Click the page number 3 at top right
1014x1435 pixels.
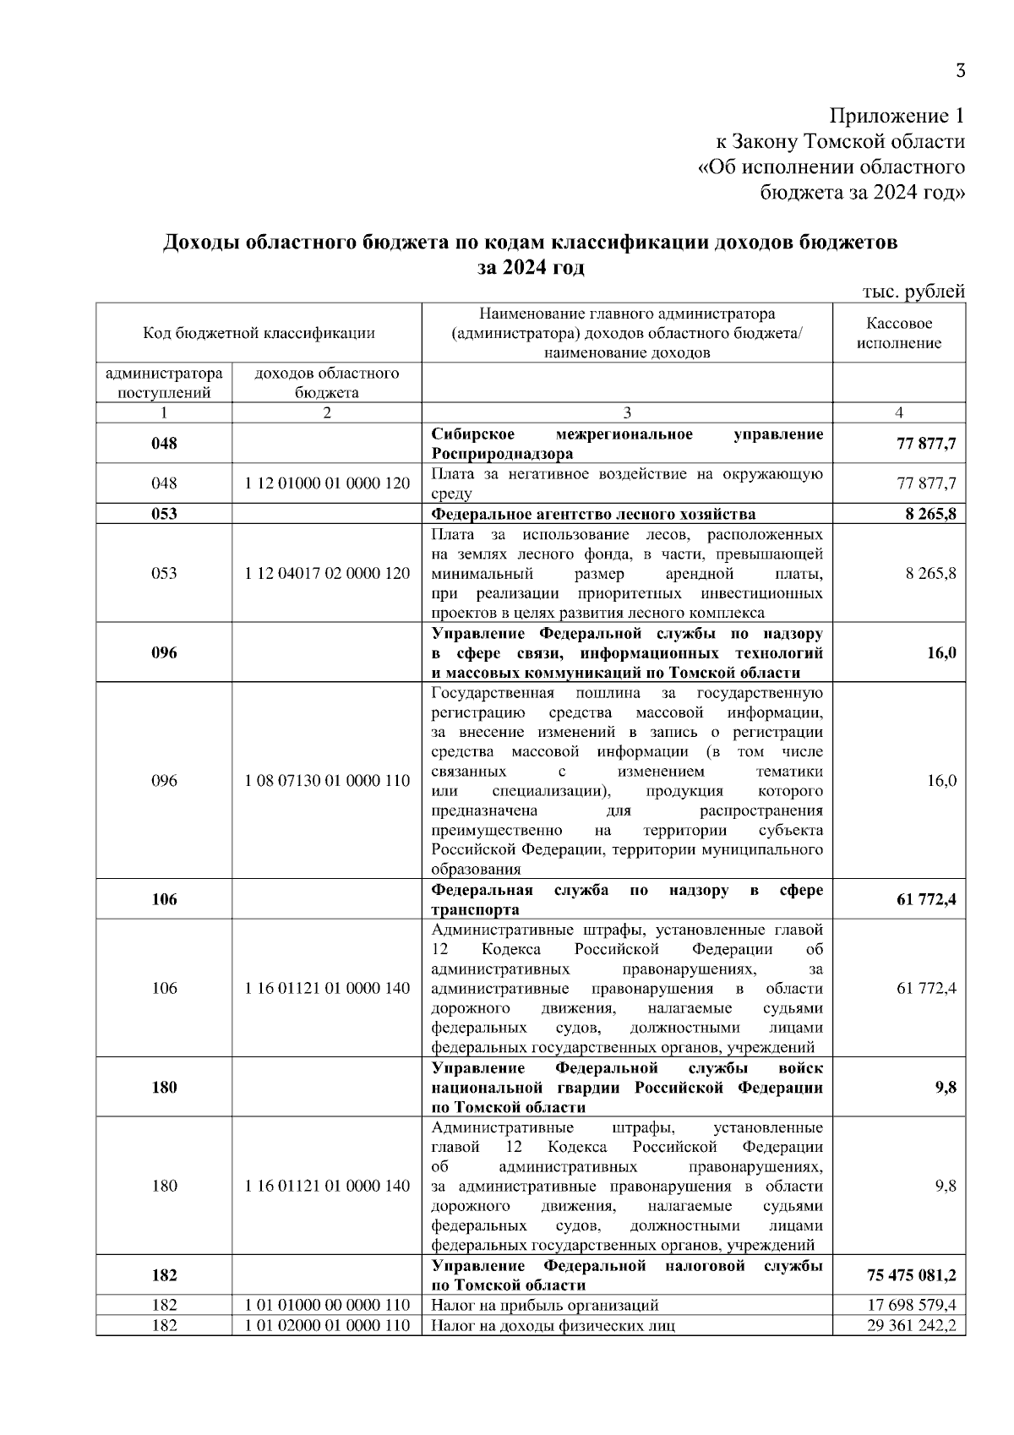(x=960, y=71)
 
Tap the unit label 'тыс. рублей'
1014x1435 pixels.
(x=913, y=292)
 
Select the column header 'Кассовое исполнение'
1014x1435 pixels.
(x=899, y=334)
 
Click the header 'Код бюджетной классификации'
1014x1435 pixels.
(x=259, y=333)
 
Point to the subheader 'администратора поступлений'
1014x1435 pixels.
(x=164, y=383)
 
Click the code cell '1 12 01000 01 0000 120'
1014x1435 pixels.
(x=327, y=483)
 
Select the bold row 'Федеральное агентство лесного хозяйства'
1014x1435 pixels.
(x=593, y=514)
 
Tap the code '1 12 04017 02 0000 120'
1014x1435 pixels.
(x=327, y=573)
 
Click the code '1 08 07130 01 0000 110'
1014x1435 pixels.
(x=327, y=781)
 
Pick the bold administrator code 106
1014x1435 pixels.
(x=164, y=899)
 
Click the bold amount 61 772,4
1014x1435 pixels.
(x=926, y=899)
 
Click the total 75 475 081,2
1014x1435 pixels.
(x=912, y=1274)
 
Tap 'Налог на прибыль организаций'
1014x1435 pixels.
(x=545, y=1305)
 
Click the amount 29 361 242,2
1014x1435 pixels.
(x=912, y=1325)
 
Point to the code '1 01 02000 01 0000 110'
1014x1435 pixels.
(x=327, y=1325)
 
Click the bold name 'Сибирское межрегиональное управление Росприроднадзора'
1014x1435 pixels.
(x=626, y=444)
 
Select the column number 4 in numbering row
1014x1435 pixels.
(x=899, y=412)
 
